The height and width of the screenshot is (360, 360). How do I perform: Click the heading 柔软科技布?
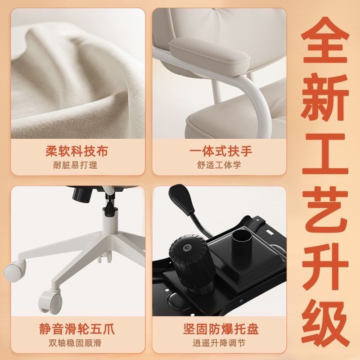pyautogui.click(x=76, y=151)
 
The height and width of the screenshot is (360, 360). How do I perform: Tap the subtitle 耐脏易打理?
pyautogui.click(x=75, y=165)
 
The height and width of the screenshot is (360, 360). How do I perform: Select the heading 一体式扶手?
pyautogui.click(x=221, y=151)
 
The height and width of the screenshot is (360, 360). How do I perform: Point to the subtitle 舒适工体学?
pyautogui.click(x=219, y=165)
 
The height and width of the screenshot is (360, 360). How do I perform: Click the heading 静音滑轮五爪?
pyautogui.click(x=76, y=329)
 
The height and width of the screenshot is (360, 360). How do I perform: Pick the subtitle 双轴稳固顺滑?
pyautogui.click(x=75, y=343)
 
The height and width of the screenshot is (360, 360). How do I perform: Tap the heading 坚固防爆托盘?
pyautogui.click(x=221, y=329)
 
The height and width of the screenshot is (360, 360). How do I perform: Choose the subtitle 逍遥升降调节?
pyautogui.click(x=219, y=343)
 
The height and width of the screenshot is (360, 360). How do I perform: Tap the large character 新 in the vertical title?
pyautogui.click(x=325, y=97)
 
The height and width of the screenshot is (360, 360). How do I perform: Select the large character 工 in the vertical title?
pyautogui.click(x=325, y=154)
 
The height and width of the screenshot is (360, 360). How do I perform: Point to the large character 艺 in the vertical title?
pyautogui.click(x=325, y=210)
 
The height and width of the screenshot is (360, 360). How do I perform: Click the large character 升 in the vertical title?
pyautogui.click(x=325, y=267)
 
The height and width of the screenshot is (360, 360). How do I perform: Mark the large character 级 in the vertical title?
pyautogui.click(x=325, y=324)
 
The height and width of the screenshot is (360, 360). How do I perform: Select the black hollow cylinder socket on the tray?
pyautogui.click(x=241, y=242)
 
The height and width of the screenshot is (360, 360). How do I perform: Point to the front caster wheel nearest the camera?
pyautogui.click(x=50, y=301)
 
